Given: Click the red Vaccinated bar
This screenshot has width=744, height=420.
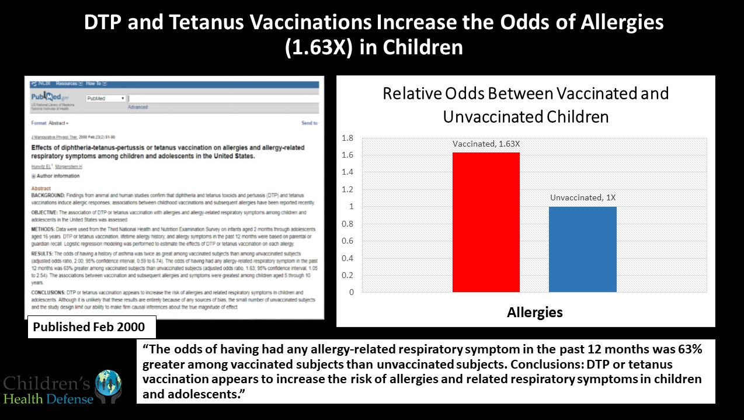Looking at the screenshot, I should pos(486,222).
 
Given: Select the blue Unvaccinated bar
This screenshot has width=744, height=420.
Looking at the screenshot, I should pos(582,249).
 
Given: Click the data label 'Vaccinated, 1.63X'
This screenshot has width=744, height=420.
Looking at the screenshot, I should pos(486,144).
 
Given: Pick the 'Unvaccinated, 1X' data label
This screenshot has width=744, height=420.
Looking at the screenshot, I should pos(582,197).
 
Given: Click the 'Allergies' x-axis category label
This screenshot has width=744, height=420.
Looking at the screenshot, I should pos(534,312).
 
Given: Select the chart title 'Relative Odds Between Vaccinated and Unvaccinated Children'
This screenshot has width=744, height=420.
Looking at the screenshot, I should pos(526,105).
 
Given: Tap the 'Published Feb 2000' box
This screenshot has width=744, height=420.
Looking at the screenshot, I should pos(92,327).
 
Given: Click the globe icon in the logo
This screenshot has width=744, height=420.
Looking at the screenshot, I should pos(109,383).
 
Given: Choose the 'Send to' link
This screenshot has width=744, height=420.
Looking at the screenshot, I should pos(309,123).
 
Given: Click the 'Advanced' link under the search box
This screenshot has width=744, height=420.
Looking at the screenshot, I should pos(137,107).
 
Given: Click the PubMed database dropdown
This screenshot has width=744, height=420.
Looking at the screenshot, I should pos(105,99).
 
